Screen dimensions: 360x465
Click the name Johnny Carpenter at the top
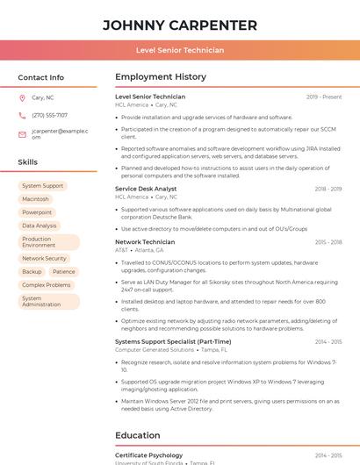pyautogui.click(x=180, y=25)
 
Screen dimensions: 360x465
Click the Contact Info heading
pyautogui.click(x=40, y=77)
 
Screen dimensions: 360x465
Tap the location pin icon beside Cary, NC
pyautogui.click(x=22, y=98)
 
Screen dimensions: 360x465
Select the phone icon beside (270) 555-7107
pyautogui.click(x=22, y=115)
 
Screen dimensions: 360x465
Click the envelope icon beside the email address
pyautogui.click(x=22, y=134)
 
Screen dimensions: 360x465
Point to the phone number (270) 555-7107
pyautogui.click(x=49, y=115)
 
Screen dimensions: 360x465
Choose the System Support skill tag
pyautogui.click(x=42, y=186)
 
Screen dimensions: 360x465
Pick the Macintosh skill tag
pyautogui.click(x=35, y=199)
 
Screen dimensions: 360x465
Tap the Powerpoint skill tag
pyautogui.click(x=37, y=212)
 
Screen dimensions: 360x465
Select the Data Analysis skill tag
pyautogui.click(x=40, y=225)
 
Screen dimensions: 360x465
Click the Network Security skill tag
pyautogui.click(x=44, y=259)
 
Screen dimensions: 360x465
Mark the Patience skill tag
pyautogui.click(x=63, y=272)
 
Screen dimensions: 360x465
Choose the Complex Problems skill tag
pyautogui.click(x=47, y=285)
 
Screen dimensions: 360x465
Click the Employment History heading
pyautogui.click(x=161, y=77)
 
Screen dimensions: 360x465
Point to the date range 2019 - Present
pyautogui.click(x=324, y=97)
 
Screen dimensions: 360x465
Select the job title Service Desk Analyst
pyautogui.click(x=146, y=189)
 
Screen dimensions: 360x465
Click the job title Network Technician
pyautogui.click(x=145, y=241)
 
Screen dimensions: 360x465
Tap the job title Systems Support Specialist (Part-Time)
pyautogui.click(x=173, y=341)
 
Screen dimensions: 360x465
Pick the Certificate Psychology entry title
pyautogui.click(x=148, y=455)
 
